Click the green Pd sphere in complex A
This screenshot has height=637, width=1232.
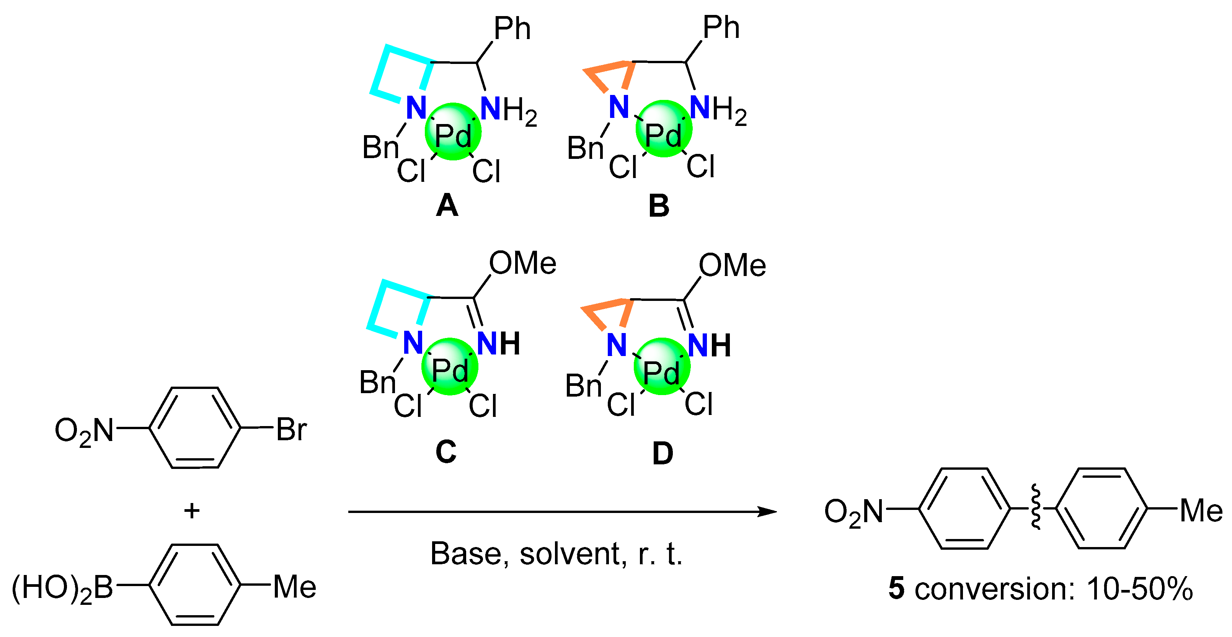tap(452, 132)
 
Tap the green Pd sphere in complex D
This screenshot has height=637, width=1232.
tap(662, 366)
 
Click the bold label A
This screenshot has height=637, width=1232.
tap(447, 206)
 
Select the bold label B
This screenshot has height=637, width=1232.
tap(659, 206)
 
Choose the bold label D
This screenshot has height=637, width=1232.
tap(663, 453)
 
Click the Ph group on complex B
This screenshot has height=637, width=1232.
tap(721, 27)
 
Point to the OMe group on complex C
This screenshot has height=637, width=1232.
tap(522, 263)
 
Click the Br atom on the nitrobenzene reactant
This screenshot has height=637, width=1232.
tap(291, 429)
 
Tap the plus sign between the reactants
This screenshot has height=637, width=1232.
tap(192, 511)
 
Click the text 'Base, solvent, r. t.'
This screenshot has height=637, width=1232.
tap(556, 554)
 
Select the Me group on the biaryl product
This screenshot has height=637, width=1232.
tap(1201, 511)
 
